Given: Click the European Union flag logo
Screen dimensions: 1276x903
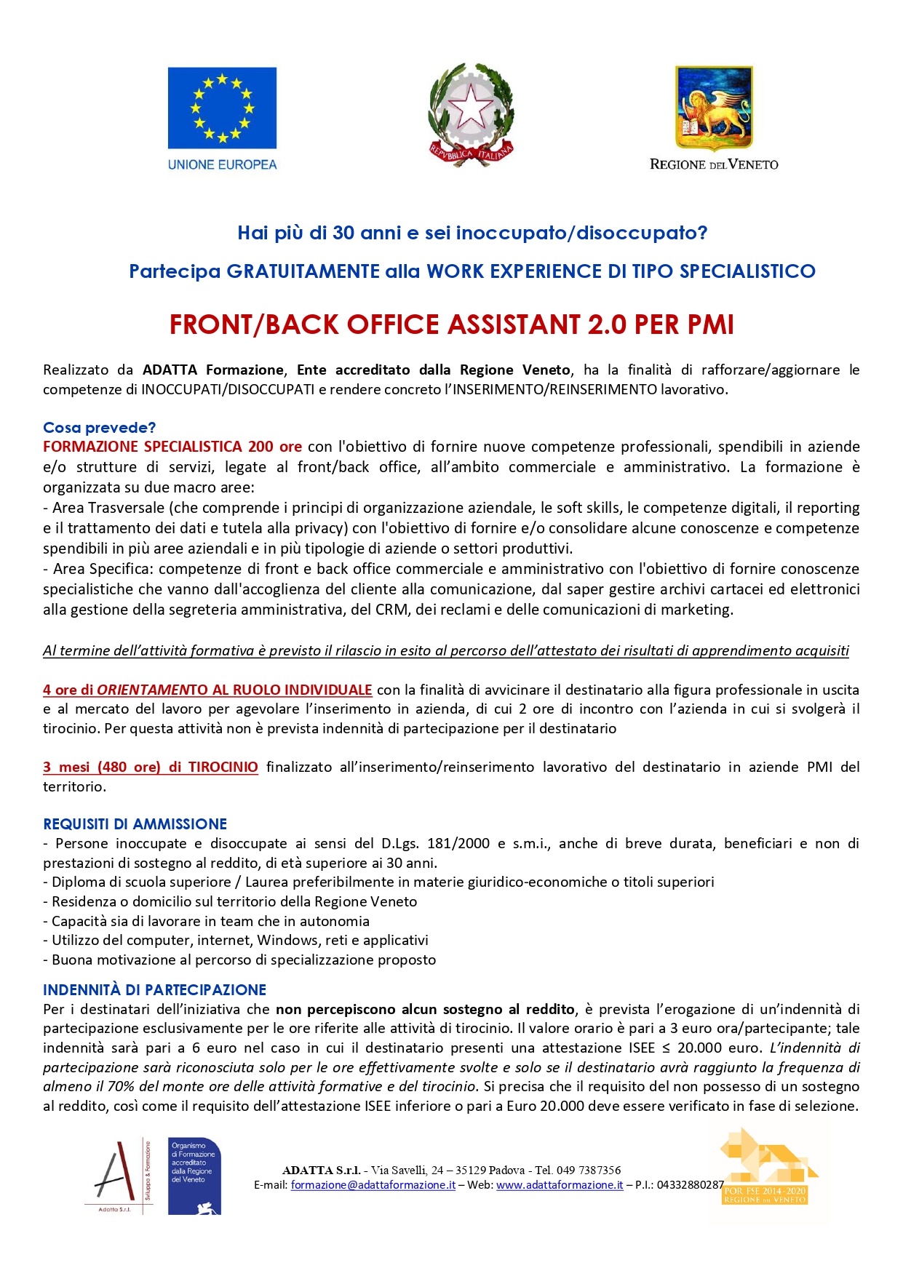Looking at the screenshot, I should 222,108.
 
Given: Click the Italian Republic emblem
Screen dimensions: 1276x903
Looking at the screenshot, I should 471,114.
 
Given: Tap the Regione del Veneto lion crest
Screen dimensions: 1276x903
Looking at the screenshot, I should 714,108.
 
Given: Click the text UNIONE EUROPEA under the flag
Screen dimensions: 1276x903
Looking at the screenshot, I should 222,164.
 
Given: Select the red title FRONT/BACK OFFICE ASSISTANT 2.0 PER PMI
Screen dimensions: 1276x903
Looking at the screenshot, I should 451,324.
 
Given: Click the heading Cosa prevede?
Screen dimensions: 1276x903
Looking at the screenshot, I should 99,427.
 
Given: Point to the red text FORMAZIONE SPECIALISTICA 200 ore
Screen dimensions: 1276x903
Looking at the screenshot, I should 172,447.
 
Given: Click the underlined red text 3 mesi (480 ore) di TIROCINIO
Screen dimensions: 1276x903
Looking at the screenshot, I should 150,767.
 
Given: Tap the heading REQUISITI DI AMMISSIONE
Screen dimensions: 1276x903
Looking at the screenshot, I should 135,824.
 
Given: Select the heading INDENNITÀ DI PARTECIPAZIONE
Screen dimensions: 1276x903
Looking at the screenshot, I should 154,989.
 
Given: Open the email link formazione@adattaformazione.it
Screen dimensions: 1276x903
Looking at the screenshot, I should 373,1185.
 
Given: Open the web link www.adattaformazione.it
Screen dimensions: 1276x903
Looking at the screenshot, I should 560,1185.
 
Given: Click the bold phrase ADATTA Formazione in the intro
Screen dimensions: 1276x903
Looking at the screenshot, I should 212,370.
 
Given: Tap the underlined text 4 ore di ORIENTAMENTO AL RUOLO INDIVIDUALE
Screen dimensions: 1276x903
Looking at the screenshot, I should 207,690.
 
